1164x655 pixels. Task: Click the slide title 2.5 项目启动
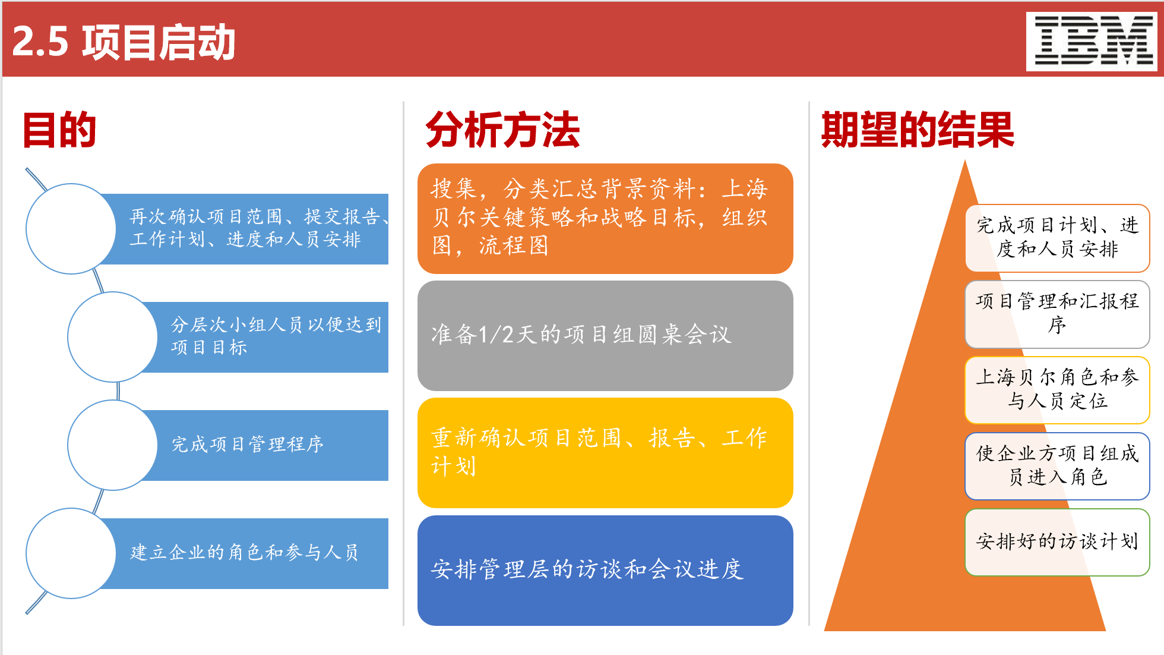[x=124, y=42]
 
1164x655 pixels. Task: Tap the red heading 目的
[x=59, y=130]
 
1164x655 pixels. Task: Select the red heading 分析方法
[x=502, y=130]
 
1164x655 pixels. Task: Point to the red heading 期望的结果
[x=918, y=130]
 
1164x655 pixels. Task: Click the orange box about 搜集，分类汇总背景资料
[x=605, y=218]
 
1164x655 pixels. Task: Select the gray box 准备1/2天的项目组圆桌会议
[x=605, y=335]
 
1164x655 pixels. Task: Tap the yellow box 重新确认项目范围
[x=605, y=452]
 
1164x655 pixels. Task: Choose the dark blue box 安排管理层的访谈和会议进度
[x=605, y=570]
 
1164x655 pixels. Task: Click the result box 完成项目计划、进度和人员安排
[x=1057, y=238]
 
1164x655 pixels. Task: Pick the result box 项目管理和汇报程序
[x=1057, y=314]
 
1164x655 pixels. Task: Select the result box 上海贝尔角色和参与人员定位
[x=1057, y=390]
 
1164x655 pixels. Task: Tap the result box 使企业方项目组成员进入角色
[x=1057, y=466]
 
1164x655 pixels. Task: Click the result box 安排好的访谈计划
[x=1057, y=541]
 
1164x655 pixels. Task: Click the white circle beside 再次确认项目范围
[x=71, y=229]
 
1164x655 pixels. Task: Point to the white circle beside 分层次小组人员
[x=113, y=337]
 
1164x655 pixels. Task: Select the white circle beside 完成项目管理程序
[x=113, y=445]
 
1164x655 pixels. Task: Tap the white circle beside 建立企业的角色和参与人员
[x=71, y=553]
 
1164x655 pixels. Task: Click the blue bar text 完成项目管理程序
[x=248, y=445]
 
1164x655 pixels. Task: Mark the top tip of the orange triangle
[x=965, y=162]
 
